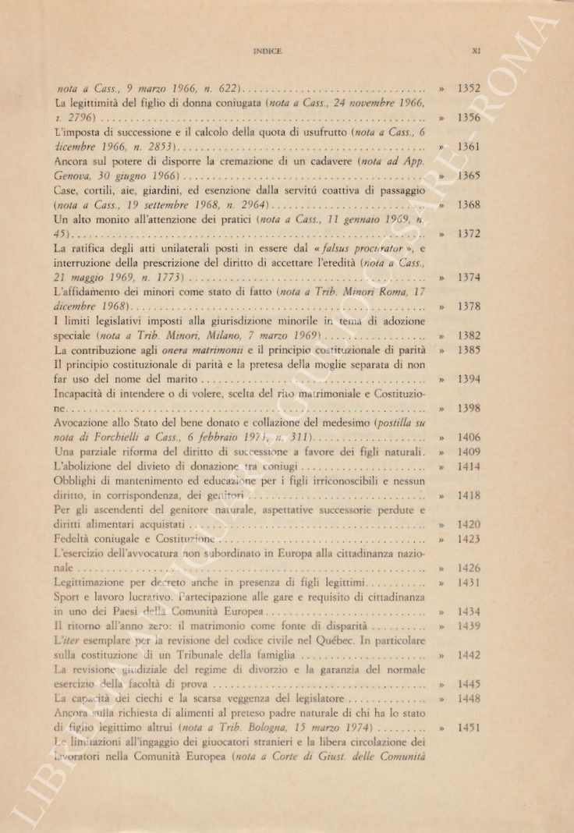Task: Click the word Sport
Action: [69, 597]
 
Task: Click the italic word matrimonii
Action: [215, 350]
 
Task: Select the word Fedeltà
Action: [76, 539]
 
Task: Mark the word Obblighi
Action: [80, 481]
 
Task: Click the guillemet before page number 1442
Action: [441, 655]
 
